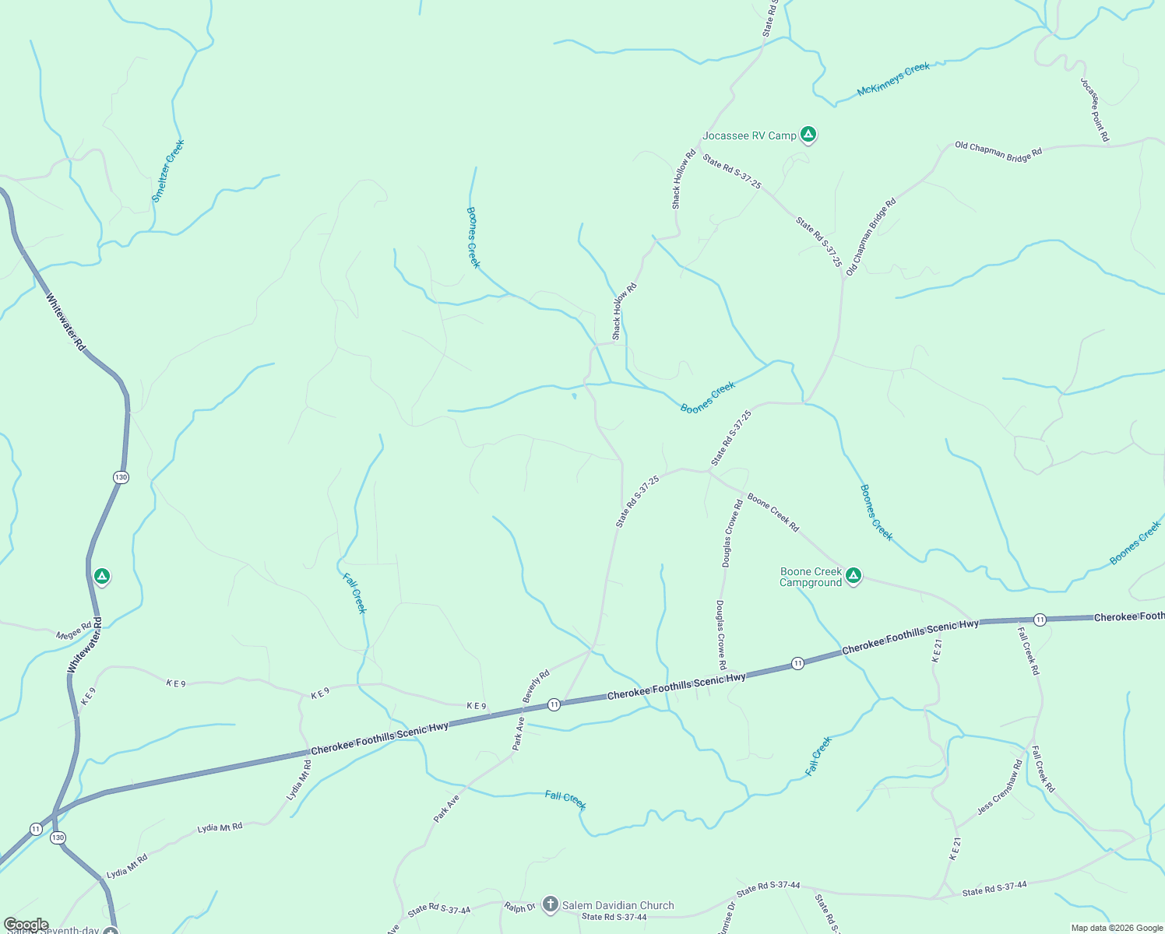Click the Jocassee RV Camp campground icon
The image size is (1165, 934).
pyautogui.click(x=808, y=135)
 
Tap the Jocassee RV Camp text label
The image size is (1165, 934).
pyautogui.click(x=749, y=136)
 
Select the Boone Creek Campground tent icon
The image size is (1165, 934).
pyautogui.click(x=854, y=576)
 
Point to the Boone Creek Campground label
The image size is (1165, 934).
pyautogui.click(x=811, y=577)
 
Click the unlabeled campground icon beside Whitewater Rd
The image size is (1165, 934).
pyautogui.click(x=101, y=576)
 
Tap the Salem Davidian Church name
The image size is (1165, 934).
pyautogui.click(x=618, y=905)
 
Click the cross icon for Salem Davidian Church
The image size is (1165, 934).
pyautogui.click(x=551, y=904)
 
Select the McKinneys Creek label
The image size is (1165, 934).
pyautogui.click(x=893, y=79)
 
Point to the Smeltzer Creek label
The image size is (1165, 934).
pyautogui.click(x=168, y=171)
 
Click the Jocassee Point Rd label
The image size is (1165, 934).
pyautogui.click(x=1094, y=110)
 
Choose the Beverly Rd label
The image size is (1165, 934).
pyautogui.click(x=536, y=686)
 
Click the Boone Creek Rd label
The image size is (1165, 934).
pyautogui.click(x=773, y=512)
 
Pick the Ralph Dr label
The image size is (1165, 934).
pyautogui.click(x=519, y=908)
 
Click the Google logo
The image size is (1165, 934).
pyautogui.click(x=26, y=925)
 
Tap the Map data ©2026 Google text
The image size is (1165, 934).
pyautogui.click(x=1116, y=928)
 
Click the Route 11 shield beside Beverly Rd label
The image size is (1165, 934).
pyautogui.click(x=554, y=704)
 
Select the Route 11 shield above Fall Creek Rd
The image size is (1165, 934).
pyautogui.click(x=1040, y=620)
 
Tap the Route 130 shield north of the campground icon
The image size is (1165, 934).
pyautogui.click(x=120, y=477)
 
